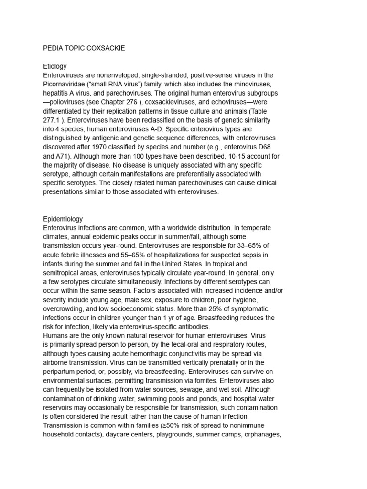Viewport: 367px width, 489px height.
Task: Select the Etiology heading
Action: point(55,66)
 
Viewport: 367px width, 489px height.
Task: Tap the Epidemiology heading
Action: point(63,219)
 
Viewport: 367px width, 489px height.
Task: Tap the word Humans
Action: point(55,336)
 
